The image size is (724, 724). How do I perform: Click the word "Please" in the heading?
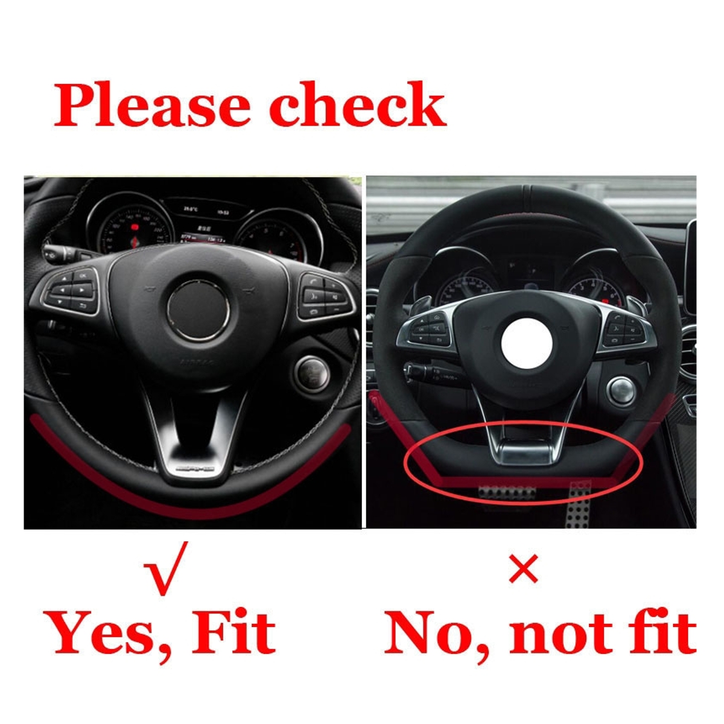(x=151, y=106)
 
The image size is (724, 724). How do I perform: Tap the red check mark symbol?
(x=165, y=567)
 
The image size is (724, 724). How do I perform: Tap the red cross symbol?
(x=523, y=569)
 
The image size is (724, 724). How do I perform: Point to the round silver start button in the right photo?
(x=622, y=390)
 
